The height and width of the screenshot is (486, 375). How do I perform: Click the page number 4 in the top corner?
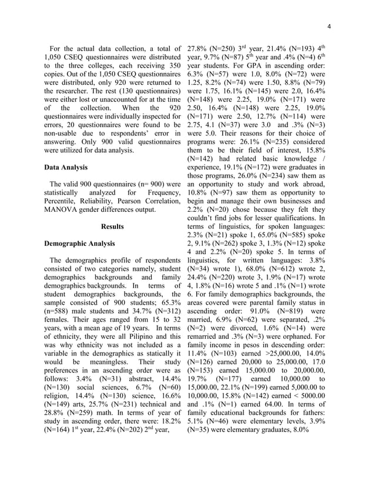[330, 26]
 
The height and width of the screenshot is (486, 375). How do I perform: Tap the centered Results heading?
[112, 225]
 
